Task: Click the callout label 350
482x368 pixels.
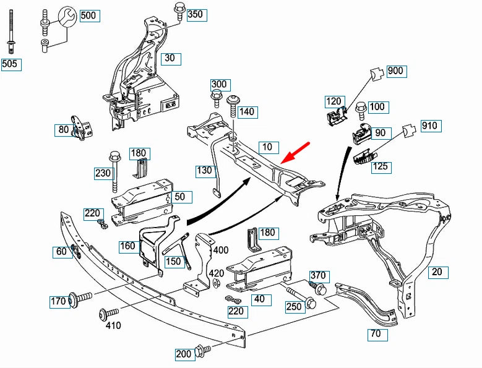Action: (x=195, y=14)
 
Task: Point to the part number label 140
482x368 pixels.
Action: (x=246, y=112)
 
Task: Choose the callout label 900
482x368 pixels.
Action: (x=395, y=71)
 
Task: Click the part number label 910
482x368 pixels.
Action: (x=429, y=126)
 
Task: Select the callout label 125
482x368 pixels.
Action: (x=381, y=166)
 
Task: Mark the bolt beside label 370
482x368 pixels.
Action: (x=321, y=288)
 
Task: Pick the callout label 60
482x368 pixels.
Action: (x=61, y=251)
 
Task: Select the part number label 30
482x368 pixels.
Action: (x=170, y=59)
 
